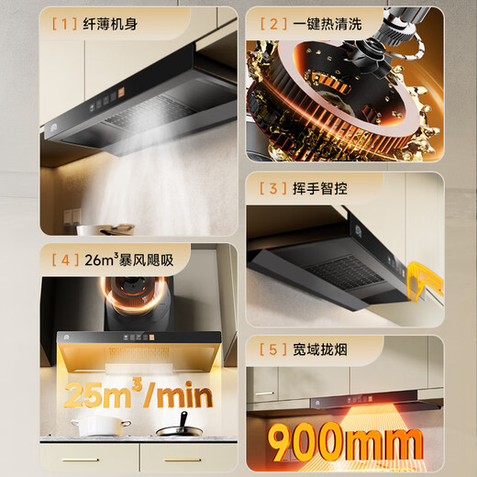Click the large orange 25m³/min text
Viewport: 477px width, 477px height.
pyautogui.click(x=138, y=396)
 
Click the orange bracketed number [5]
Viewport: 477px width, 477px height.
pyautogui.click(x=272, y=349)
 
